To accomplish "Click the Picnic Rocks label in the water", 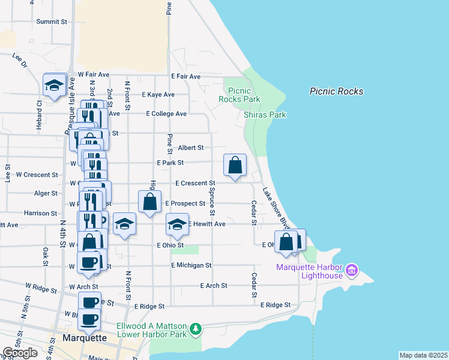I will coord(336,91).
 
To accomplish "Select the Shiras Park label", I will coord(265,115).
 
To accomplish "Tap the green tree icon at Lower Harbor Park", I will coord(195,329).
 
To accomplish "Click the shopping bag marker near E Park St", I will coord(235,165).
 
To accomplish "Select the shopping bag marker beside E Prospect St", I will coord(150,202).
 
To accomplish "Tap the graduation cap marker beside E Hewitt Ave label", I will coord(177,224).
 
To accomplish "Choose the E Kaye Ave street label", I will coord(158,95).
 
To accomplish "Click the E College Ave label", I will coord(166,113).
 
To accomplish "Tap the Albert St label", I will coord(191,148).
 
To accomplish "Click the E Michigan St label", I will coord(191,265).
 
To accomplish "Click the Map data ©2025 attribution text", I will coord(423,355).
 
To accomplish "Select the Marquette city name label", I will coord(85,338).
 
